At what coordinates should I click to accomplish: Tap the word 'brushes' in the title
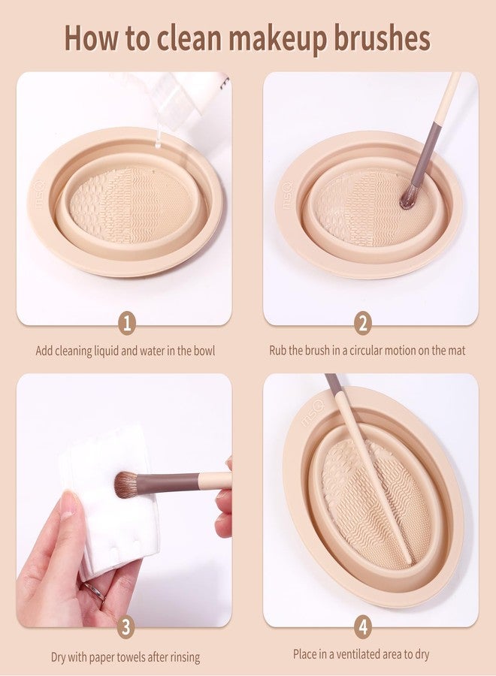tap(383, 37)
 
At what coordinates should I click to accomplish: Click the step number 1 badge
tap(128, 324)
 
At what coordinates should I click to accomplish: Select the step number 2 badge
tap(364, 324)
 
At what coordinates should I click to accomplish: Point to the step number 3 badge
tap(128, 626)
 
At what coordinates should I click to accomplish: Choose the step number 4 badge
tap(364, 626)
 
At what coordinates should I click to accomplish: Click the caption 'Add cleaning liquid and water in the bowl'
tap(126, 350)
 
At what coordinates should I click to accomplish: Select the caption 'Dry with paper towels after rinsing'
tap(126, 657)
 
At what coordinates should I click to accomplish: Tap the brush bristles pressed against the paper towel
tap(126, 484)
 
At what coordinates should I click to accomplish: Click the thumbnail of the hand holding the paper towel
tap(124, 499)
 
